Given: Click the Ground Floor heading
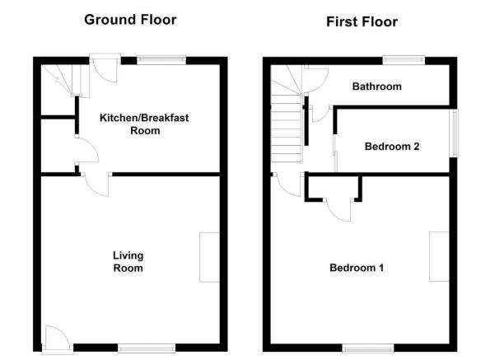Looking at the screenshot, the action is [130, 20].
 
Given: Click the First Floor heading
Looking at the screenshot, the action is [362, 21].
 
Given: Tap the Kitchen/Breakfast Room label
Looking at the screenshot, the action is [144, 124].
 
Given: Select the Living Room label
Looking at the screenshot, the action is [128, 262].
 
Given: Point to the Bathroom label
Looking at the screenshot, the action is [377, 86].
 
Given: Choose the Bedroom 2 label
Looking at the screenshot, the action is [392, 147].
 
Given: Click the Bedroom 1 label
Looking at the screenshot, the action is [357, 268].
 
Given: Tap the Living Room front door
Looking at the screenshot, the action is [57, 339].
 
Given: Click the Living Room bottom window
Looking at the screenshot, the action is [147, 348].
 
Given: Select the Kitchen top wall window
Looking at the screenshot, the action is [161, 60].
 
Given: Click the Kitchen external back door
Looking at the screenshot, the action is [105, 68].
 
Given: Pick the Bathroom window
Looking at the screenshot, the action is [404, 60].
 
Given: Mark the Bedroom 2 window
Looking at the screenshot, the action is [454, 133].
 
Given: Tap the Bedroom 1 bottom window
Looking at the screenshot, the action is [368, 348].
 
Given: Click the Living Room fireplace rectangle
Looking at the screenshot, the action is [209, 257].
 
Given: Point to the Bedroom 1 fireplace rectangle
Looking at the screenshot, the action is [439, 256].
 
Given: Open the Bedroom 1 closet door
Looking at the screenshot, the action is [339, 210].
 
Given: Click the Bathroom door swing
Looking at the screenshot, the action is [316, 79].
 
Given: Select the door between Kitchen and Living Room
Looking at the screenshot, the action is [96, 184].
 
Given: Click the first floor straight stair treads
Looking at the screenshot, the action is [286, 129].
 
